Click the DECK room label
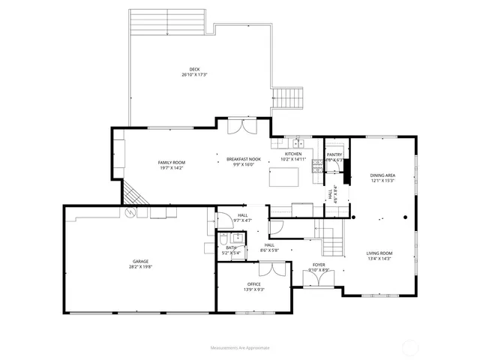(x=193, y=69)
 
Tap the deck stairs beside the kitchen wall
(x=289, y=97)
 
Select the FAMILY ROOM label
(x=171, y=162)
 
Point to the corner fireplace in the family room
(x=133, y=193)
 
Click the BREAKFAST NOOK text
(x=244, y=159)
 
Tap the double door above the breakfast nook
(x=244, y=127)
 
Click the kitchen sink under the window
(x=297, y=142)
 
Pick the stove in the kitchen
(x=316, y=166)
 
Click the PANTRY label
(x=334, y=154)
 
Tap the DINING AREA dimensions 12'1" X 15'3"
(x=382, y=181)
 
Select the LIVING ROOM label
(x=379, y=253)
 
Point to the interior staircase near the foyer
(x=330, y=241)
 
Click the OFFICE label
(x=254, y=283)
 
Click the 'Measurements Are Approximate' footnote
(x=239, y=347)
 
